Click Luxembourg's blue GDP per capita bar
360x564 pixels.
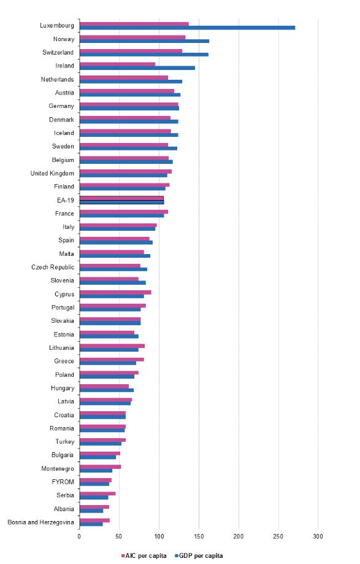(187, 28)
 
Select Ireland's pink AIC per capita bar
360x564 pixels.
(118, 64)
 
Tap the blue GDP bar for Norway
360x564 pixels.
(145, 41)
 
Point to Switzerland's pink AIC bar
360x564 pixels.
(131, 51)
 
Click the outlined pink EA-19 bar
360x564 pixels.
(121, 198)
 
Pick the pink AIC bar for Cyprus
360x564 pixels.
(115, 292)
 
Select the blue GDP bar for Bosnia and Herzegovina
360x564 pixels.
(91, 523)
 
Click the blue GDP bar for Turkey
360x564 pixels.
(101, 444)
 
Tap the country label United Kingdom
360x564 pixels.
(52, 173)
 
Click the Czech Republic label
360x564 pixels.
(53, 267)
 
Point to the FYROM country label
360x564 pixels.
(63, 482)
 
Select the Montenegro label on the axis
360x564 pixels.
(58, 468)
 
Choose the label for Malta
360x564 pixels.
(66, 253)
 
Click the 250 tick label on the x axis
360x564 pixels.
(278, 536)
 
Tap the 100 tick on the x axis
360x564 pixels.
(159, 536)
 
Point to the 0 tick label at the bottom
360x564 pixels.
(79, 536)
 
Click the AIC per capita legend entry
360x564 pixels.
(144, 556)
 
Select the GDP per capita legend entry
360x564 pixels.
(199, 556)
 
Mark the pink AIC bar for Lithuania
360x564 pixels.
(112, 346)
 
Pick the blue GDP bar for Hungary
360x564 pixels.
(107, 390)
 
